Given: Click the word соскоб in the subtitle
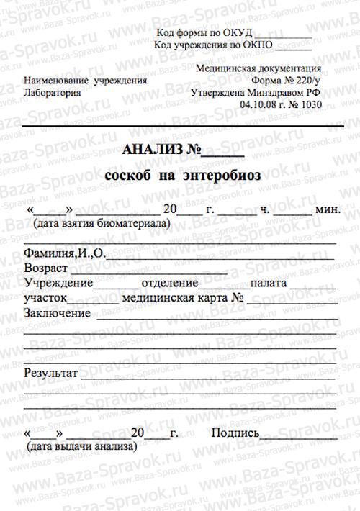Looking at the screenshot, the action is click(127, 175).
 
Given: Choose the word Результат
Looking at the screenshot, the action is click(50, 374).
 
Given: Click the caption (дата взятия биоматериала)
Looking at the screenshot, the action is click(101, 223).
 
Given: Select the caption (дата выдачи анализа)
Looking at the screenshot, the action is click(81, 446).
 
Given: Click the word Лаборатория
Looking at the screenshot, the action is click(53, 93).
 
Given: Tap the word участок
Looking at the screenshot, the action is click(45, 297).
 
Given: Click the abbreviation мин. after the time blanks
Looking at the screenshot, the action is click(328, 210).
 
